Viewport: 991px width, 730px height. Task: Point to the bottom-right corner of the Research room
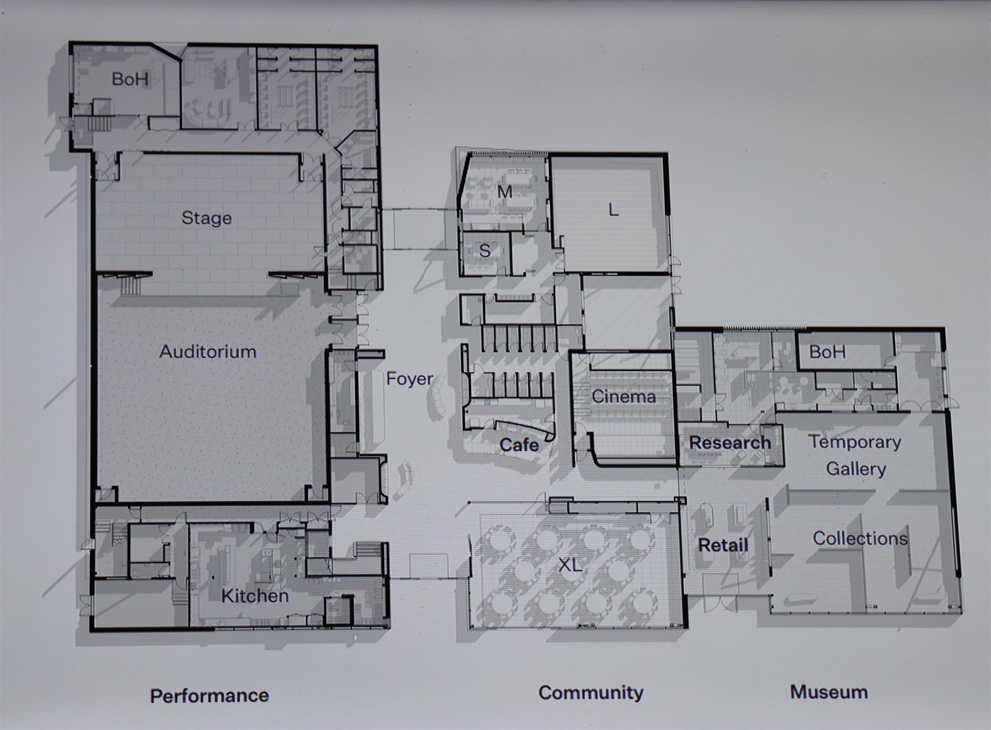click(783, 466)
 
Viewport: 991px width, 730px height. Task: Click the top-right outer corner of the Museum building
click(943, 329)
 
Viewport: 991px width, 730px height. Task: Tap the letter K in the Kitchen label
click(227, 595)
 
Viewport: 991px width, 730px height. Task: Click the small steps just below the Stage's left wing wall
click(131, 285)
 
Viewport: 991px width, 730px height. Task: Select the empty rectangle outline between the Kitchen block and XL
click(428, 566)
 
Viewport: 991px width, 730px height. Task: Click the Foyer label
click(409, 379)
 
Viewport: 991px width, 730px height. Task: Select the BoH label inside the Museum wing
click(827, 352)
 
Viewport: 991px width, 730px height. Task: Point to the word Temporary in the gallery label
click(855, 442)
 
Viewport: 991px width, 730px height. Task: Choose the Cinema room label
click(624, 397)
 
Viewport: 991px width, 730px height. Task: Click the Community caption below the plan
click(591, 693)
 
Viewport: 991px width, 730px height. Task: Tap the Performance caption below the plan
click(209, 695)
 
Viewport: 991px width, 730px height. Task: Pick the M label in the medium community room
click(505, 192)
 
